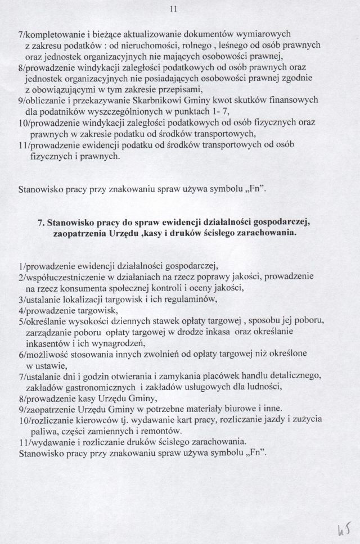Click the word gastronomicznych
coord(96,387)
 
